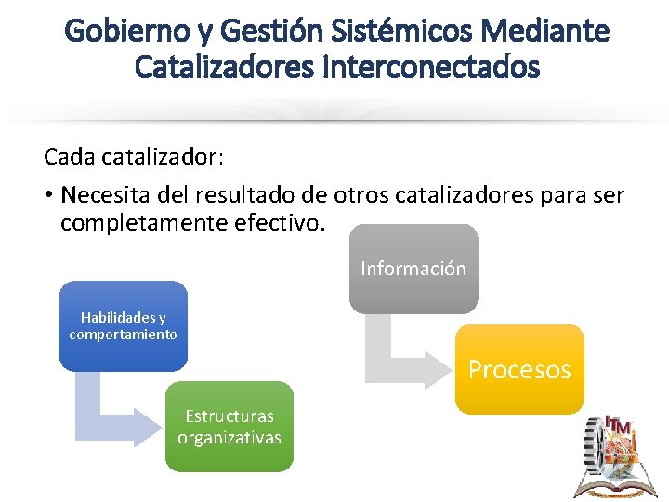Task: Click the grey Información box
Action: click(413, 269)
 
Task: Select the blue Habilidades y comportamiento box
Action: click(124, 326)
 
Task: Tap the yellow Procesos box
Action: click(519, 369)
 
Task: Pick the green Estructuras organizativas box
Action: click(230, 427)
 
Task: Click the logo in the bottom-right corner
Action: click(617, 456)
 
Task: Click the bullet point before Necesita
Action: click(49, 196)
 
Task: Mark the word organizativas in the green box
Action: click(230, 437)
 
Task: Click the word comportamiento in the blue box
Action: click(124, 335)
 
